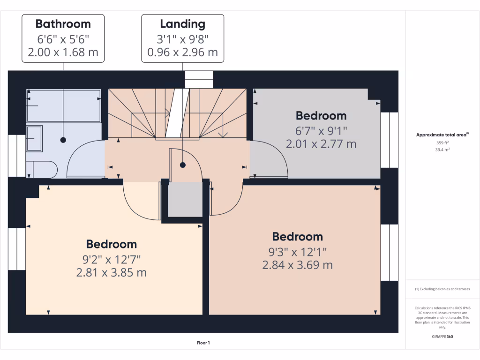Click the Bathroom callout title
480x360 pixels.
click(63, 23)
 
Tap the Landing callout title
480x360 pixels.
click(182, 23)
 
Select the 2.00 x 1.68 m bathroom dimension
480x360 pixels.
click(63, 52)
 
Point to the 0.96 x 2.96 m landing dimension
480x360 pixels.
click(182, 52)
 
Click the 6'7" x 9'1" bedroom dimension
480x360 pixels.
click(321, 130)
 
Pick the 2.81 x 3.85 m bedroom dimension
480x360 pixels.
click(112, 272)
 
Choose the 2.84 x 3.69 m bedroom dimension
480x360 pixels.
click(298, 265)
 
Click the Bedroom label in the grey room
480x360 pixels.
click(321, 115)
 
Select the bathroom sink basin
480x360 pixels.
click(34, 138)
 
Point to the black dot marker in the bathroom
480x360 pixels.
click(63, 140)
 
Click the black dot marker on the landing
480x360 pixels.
click(183, 165)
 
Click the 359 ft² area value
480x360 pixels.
click(442, 143)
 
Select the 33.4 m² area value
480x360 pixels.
click(442, 150)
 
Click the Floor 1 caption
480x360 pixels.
click(203, 343)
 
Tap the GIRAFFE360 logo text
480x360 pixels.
click(442, 337)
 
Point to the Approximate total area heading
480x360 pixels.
click(442, 135)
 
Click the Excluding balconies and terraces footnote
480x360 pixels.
click(442, 289)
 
